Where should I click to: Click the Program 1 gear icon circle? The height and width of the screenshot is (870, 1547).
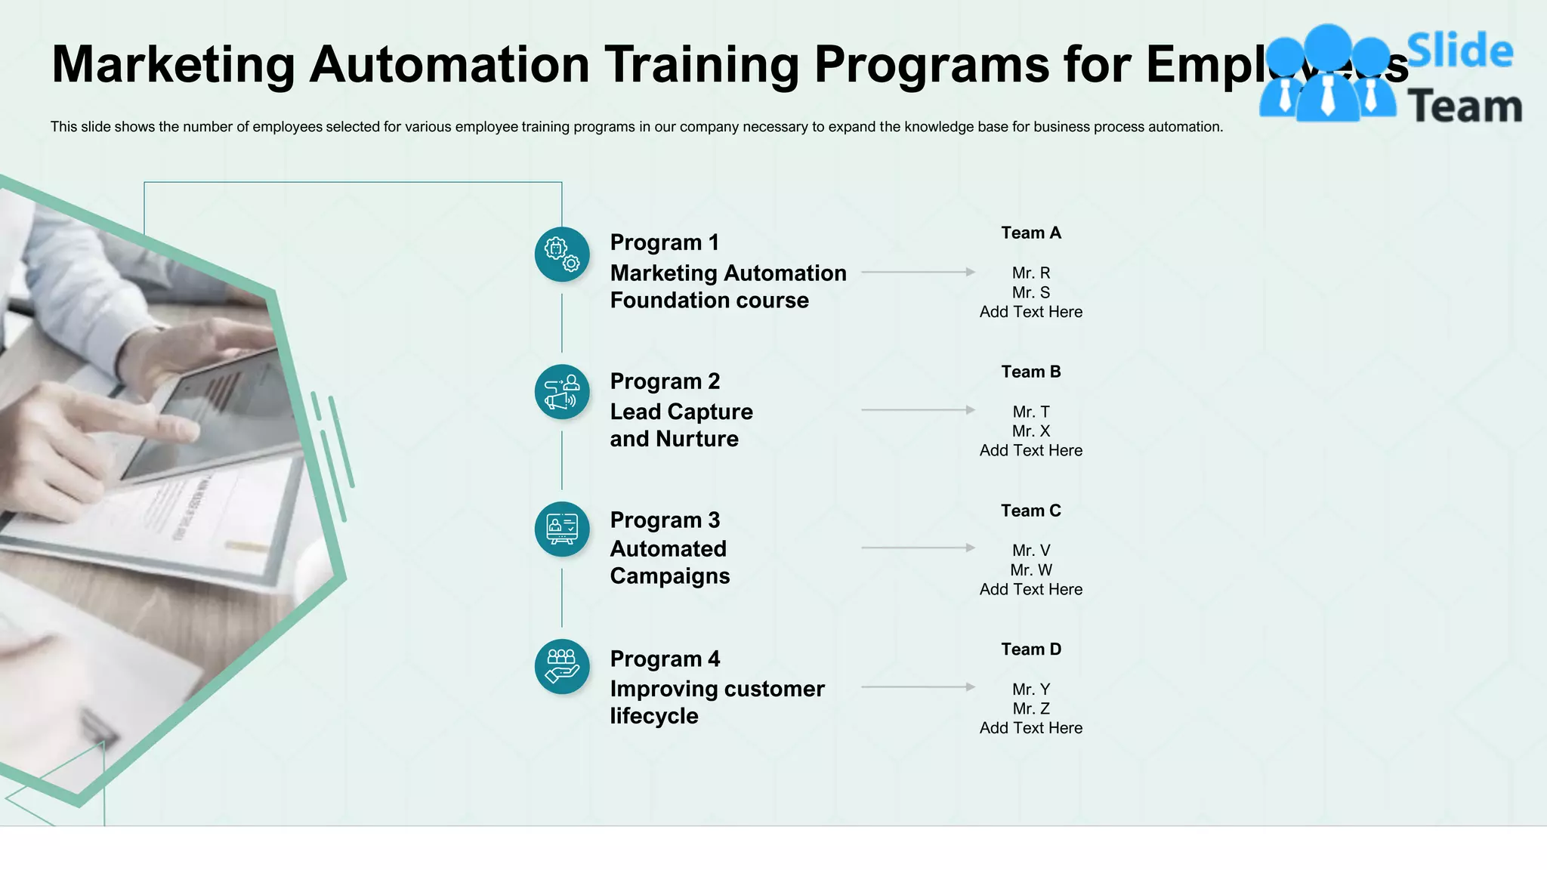click(x=562, y=255)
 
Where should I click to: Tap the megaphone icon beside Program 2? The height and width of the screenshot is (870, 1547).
click(x=562, y=392)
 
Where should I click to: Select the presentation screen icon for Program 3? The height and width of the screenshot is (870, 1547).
click(x=562, y=529)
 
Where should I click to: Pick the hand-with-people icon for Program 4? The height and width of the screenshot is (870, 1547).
click(x=562, y=667)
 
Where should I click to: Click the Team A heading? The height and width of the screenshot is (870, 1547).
click(x=1031, y=233)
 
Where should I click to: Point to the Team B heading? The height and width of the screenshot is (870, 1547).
click(x=1031, y=372)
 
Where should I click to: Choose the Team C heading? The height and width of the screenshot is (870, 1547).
click(x=1031, y=511)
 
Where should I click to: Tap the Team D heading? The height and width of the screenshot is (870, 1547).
click(x=1031, y=649)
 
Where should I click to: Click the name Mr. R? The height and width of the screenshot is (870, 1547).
click(x=1031, y=273)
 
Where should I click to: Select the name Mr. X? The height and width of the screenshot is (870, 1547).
click(x=1031, y=431)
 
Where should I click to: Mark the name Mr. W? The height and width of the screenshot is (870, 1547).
click(x=1031, y=570)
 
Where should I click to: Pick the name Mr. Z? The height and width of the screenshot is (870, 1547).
click(x=1031, y=709)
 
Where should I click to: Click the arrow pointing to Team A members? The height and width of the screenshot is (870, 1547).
click(x=918, y=272)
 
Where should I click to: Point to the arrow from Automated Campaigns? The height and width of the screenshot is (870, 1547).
click(x=918, y=548)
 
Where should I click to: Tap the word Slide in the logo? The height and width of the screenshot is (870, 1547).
click(x=1459, y=51)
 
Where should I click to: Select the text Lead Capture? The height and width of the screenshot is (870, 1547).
click(x=681, y=412)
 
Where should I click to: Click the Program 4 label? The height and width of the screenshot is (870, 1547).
click(x=665, y=659)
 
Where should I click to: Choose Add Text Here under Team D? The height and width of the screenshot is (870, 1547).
click(x=1031, y=728)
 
